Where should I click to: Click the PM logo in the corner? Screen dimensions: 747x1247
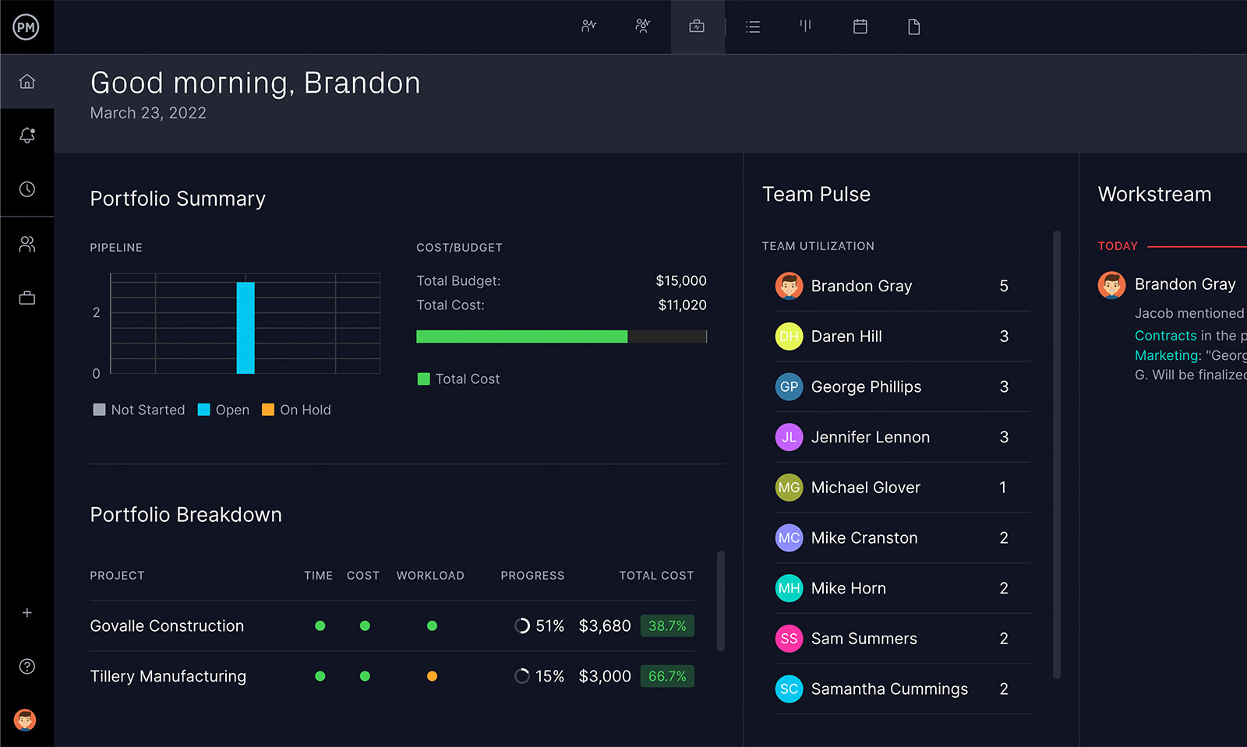click(x=26, y=27)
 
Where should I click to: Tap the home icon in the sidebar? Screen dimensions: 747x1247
click(x=27, y=82)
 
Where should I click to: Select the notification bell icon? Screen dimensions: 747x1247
click(x=27, y=136)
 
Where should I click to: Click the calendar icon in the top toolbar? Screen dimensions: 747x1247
click(x=860, y=27)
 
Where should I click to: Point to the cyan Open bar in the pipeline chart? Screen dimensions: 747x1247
click(x=246, y=328)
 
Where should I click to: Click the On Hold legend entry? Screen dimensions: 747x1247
click(x=297, y=410)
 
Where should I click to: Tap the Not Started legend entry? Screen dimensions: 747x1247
click(x=140, y=410)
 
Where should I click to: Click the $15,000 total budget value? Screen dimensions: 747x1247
click(x=680, y=280)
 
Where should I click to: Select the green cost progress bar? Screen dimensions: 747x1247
click(x=521, y=337)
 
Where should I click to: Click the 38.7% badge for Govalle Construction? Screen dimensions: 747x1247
click(x=667, y=626)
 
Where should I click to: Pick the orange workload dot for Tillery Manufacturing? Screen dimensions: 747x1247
click(x=432, y=676)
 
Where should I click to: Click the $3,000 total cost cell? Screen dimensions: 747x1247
click(x=604, y=676)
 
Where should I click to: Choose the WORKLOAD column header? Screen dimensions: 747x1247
click(x=430, y=576)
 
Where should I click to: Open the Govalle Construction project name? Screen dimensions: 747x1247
click(x=167, y=626)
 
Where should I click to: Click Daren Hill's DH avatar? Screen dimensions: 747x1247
click(x=789, y=337)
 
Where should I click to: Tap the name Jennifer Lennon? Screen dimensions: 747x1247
click(x=870, y=437)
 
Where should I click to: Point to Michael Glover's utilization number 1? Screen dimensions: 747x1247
click(x=1003, y=488)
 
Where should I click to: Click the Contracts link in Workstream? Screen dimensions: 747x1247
click(x=1165, y=336)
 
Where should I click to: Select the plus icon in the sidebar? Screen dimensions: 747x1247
click(x=27, y=613)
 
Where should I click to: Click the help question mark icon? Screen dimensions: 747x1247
click(x=27, y=667)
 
